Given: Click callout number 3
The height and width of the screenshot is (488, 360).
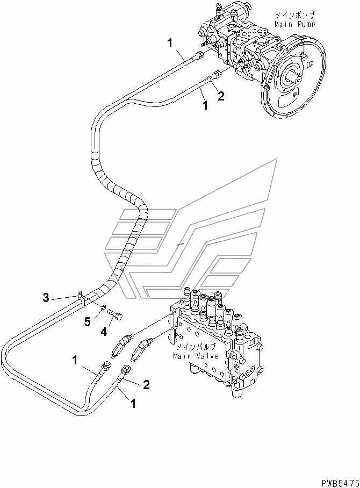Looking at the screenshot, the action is (x=46, y=298).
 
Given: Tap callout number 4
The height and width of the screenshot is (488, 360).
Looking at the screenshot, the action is (x=104, y=332).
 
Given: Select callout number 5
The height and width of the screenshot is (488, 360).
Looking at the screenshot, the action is (x=88, y=321).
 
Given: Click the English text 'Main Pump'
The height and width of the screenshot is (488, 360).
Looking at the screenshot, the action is (x=294, y=24).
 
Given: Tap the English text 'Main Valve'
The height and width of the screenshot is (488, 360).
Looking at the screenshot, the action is (x=196, y=355).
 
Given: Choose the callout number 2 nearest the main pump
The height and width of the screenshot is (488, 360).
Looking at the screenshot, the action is (x=221, y=96).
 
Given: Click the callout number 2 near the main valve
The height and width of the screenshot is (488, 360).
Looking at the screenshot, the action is (x=146, y=384).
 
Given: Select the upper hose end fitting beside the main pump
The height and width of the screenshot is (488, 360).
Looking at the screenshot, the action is (x=198, y=56).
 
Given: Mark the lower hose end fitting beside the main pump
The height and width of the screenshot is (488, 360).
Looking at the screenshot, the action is (x=216, y=75).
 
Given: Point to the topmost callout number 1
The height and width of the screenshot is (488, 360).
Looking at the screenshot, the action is (x=170, y=43).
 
